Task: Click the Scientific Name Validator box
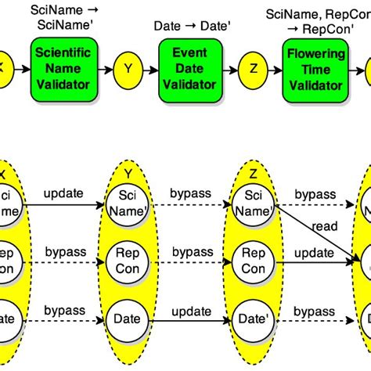point(64,68)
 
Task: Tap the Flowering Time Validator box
point(315,68)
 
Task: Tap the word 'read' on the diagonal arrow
point(323,226)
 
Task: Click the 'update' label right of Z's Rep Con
point(315,252)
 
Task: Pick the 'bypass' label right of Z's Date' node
point(315,310)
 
